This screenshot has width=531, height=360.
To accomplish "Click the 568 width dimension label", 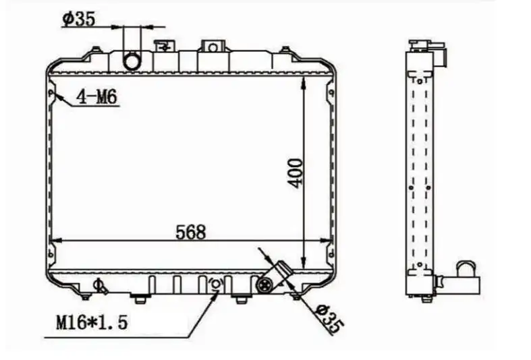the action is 191,232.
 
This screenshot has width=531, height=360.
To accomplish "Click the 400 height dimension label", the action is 295,173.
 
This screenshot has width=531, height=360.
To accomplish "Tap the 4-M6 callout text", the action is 96,97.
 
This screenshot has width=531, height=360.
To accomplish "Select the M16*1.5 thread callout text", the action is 92,322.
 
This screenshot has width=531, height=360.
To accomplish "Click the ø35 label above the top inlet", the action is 78,19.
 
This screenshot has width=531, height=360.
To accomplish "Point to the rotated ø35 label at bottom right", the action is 328,318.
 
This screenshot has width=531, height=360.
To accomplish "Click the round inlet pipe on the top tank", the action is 132,61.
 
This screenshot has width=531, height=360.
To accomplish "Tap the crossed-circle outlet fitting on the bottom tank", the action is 264,285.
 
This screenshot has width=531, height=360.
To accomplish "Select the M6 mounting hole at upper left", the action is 51,93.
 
